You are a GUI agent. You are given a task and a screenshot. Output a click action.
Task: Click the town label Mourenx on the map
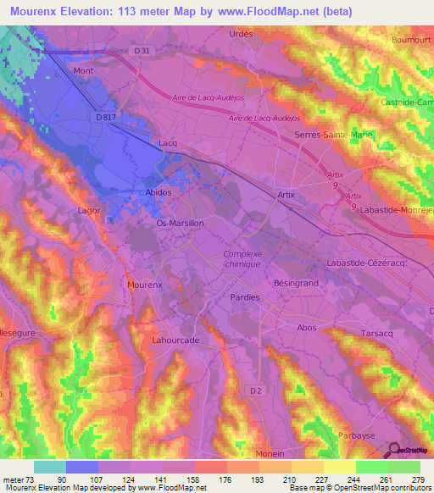pos(143,285)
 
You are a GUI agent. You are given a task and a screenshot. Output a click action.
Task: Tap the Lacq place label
pos(168,143)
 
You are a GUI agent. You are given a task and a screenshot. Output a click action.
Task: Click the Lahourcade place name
pos(175,340)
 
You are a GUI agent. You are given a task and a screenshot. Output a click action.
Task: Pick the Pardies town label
pos(245,297)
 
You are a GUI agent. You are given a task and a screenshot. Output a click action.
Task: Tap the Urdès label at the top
pos(242,33)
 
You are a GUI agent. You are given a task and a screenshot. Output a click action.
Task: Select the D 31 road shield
pos(141,51)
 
